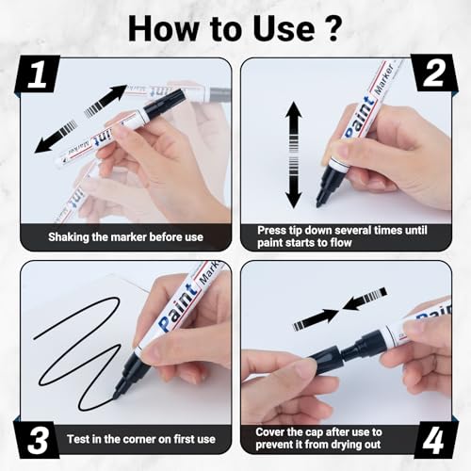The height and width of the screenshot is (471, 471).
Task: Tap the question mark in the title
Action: click(333, 28)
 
